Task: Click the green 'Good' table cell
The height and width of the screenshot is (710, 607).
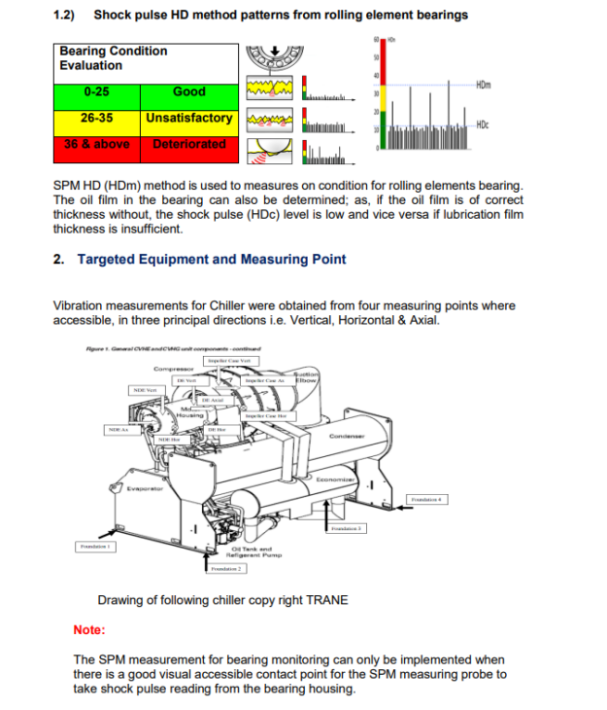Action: pos(188,91)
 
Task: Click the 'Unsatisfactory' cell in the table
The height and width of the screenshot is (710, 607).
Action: pos(188,118)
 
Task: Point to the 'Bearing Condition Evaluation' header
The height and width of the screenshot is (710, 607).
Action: pos(113,58)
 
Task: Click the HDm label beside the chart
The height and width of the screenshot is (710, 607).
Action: pos(484,85)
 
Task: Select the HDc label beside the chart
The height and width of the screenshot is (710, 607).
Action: pos(483,124)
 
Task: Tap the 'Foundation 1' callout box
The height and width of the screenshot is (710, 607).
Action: pos(97,547)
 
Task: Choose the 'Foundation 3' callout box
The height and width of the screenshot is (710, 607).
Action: pos(346,528)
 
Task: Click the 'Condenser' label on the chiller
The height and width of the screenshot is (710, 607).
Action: pos(346,437)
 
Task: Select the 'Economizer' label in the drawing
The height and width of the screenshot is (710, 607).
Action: pos(339,479)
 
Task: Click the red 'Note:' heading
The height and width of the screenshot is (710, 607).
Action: pos(89,630)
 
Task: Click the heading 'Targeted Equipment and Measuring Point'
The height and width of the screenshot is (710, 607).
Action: pos(211,259)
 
